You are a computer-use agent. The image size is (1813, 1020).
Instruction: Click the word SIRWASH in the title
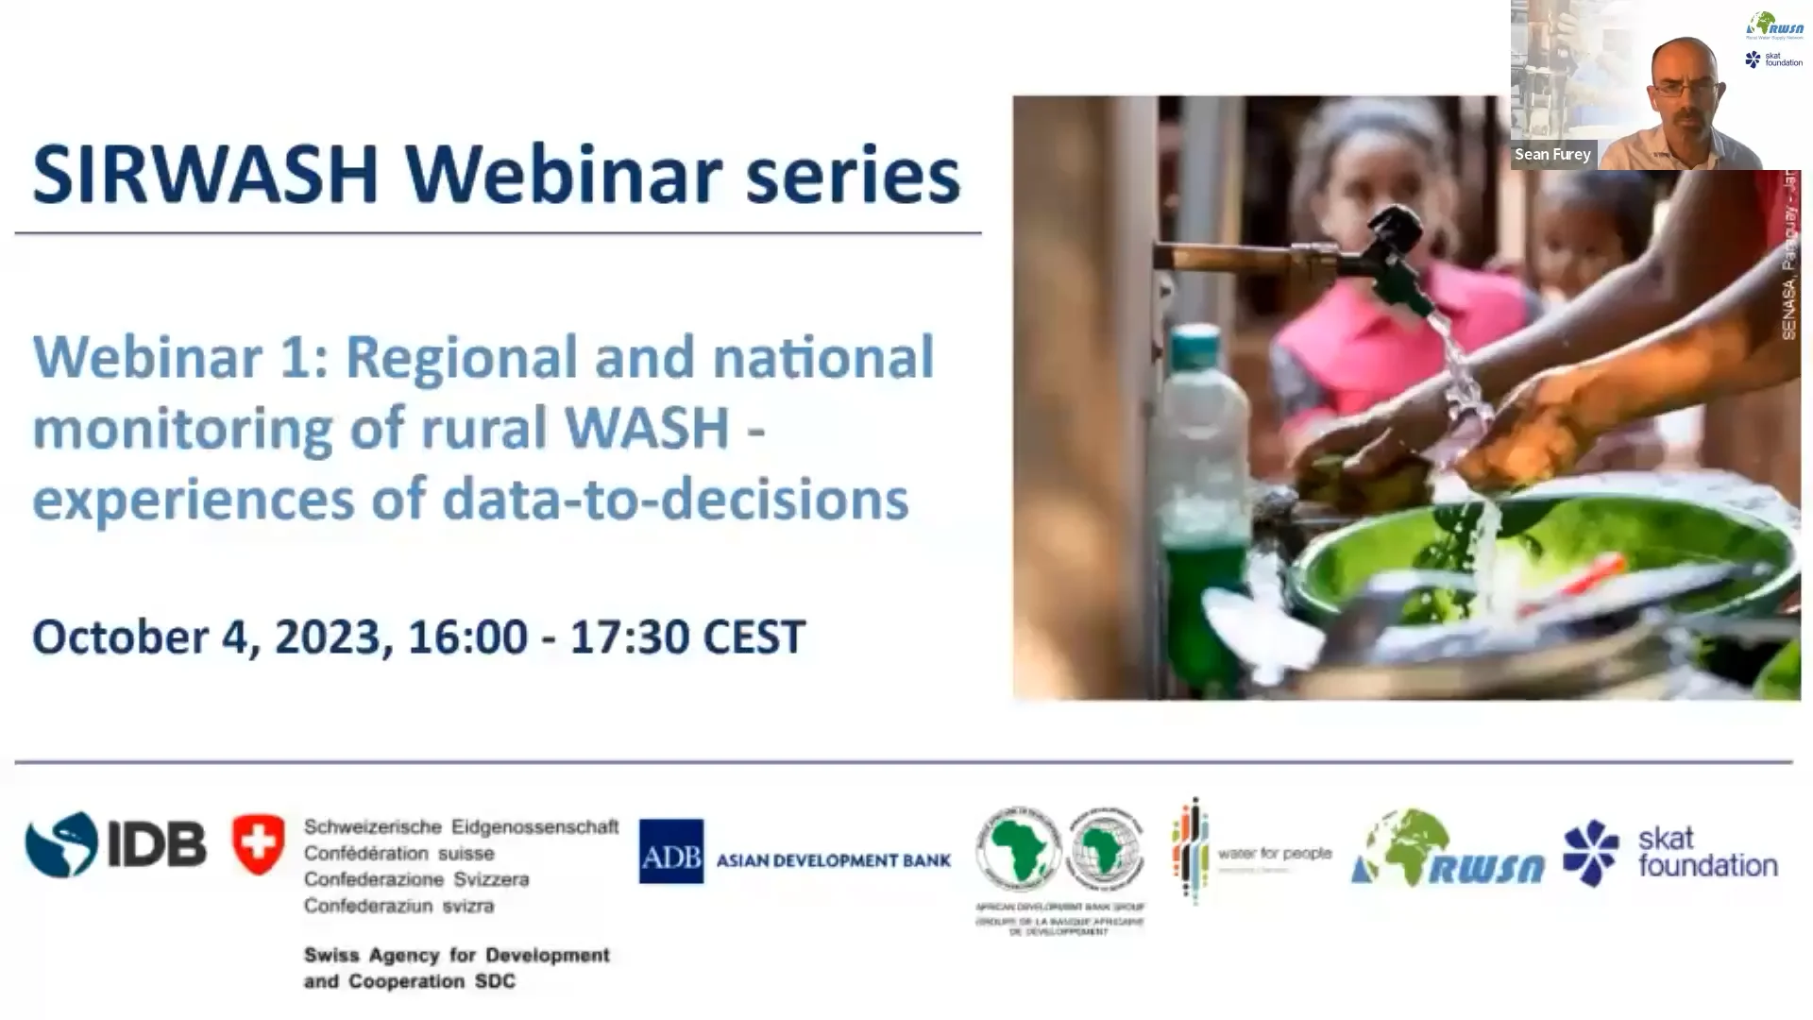pyautogui.click(x=206, y=176)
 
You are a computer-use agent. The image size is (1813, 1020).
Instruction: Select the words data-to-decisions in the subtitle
pyautogui.click(x=674, y=500)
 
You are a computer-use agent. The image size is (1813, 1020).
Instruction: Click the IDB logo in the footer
pyautogui.click(x=115, y=843)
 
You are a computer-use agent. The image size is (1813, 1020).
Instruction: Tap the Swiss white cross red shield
pyautogui.click(x=258, y=843)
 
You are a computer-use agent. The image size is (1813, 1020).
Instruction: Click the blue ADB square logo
pyautogui.click(x=670, y=851)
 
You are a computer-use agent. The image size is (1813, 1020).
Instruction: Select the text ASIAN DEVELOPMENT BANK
pyautogui.click(x=833, y=860)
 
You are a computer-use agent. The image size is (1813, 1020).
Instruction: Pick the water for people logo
pyautogui.click(x=1250, y=852)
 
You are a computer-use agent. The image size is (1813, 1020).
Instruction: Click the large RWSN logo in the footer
pyautogui.click(x=1447, y=850)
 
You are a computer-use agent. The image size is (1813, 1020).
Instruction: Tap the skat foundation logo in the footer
pyautogui.click(x=1669, y=852)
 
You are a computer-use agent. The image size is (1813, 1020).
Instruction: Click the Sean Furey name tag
pyautogui.click(x=1552, y=155)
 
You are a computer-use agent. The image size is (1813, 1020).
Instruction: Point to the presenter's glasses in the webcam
pyautogui.click(x=1686, y=87)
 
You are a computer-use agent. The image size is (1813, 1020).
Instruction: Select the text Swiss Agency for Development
pyautogui.click(x=456, y=956)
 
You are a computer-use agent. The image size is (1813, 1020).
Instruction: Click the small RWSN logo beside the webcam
pyautogui.click(x=1774, y=25)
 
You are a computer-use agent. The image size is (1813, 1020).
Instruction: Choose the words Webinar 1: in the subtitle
pyautogui.click(x=180, y=358)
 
